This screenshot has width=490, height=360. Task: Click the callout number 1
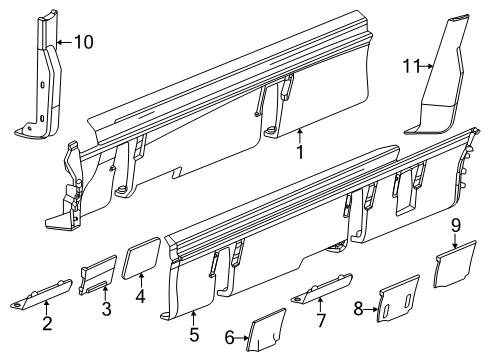[x=300, y=152]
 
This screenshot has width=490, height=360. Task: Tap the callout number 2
[x=47, y=323]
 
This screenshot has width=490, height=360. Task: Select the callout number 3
[x=106, y=308]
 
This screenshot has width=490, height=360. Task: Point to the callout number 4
[x=140, y=296]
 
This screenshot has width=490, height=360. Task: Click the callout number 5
[x=194, y=334]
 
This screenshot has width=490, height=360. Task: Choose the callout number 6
[x=229, y=338]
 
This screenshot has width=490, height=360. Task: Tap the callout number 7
[x=321, y=320]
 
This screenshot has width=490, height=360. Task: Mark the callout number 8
[x=358, y=309]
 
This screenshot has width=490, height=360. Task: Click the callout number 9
[x=456, y=225]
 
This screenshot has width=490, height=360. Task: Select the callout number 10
[x=83, y=42]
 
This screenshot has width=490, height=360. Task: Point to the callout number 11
[x=411, y=66]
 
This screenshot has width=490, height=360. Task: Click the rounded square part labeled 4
[x=141, y=257]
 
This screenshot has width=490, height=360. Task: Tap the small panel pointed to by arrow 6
[x=266, y=330]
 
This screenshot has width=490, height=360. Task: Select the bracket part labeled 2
[x=42, y=294]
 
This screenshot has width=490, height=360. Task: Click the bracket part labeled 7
[x=322, y=288]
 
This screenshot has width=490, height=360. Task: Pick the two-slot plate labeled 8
[x=398, y=299]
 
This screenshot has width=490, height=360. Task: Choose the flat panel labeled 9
[x=455, y=264]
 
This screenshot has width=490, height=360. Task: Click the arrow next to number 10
[x=64, y=42]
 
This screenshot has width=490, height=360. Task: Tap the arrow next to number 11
[x=426, y=66]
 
